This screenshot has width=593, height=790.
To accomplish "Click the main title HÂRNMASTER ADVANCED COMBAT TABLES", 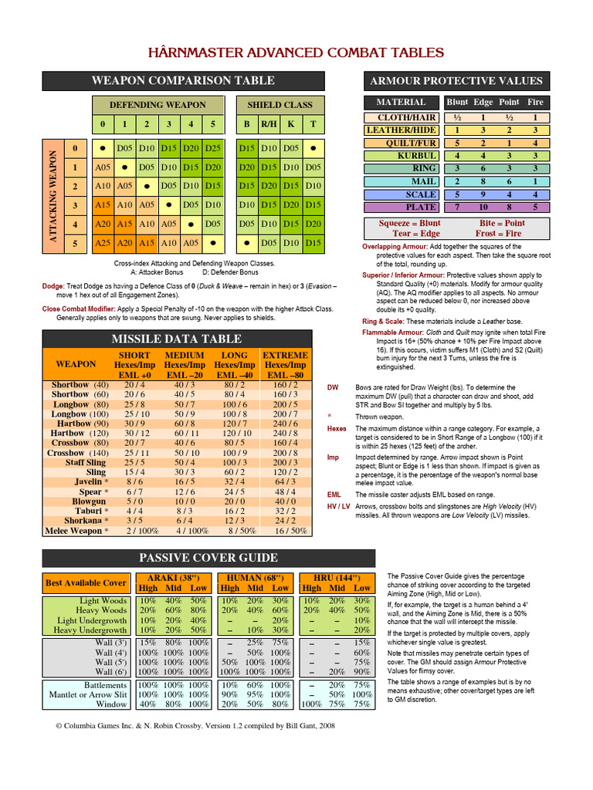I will click(296, 52).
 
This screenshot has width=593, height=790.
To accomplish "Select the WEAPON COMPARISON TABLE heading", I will click(182, 80).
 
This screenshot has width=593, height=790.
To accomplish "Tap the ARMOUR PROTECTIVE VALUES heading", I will click(456, 81).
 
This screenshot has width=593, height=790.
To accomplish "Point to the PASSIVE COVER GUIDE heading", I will click(208, 557).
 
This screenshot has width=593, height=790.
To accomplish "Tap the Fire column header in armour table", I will click(534, 102).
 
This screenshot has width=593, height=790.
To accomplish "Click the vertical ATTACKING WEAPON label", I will click(53, 197).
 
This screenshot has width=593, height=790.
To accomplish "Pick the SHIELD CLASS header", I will click(280, 105).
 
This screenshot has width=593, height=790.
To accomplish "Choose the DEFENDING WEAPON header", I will click(158, 105).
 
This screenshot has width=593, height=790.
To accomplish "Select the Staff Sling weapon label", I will click(85, 462).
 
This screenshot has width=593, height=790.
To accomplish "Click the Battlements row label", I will click(105, 684).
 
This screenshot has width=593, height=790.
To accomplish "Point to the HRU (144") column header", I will click(334, 577).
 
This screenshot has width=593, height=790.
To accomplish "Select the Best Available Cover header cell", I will click(86, 583).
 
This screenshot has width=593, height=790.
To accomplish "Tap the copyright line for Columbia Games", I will click(195, 726).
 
